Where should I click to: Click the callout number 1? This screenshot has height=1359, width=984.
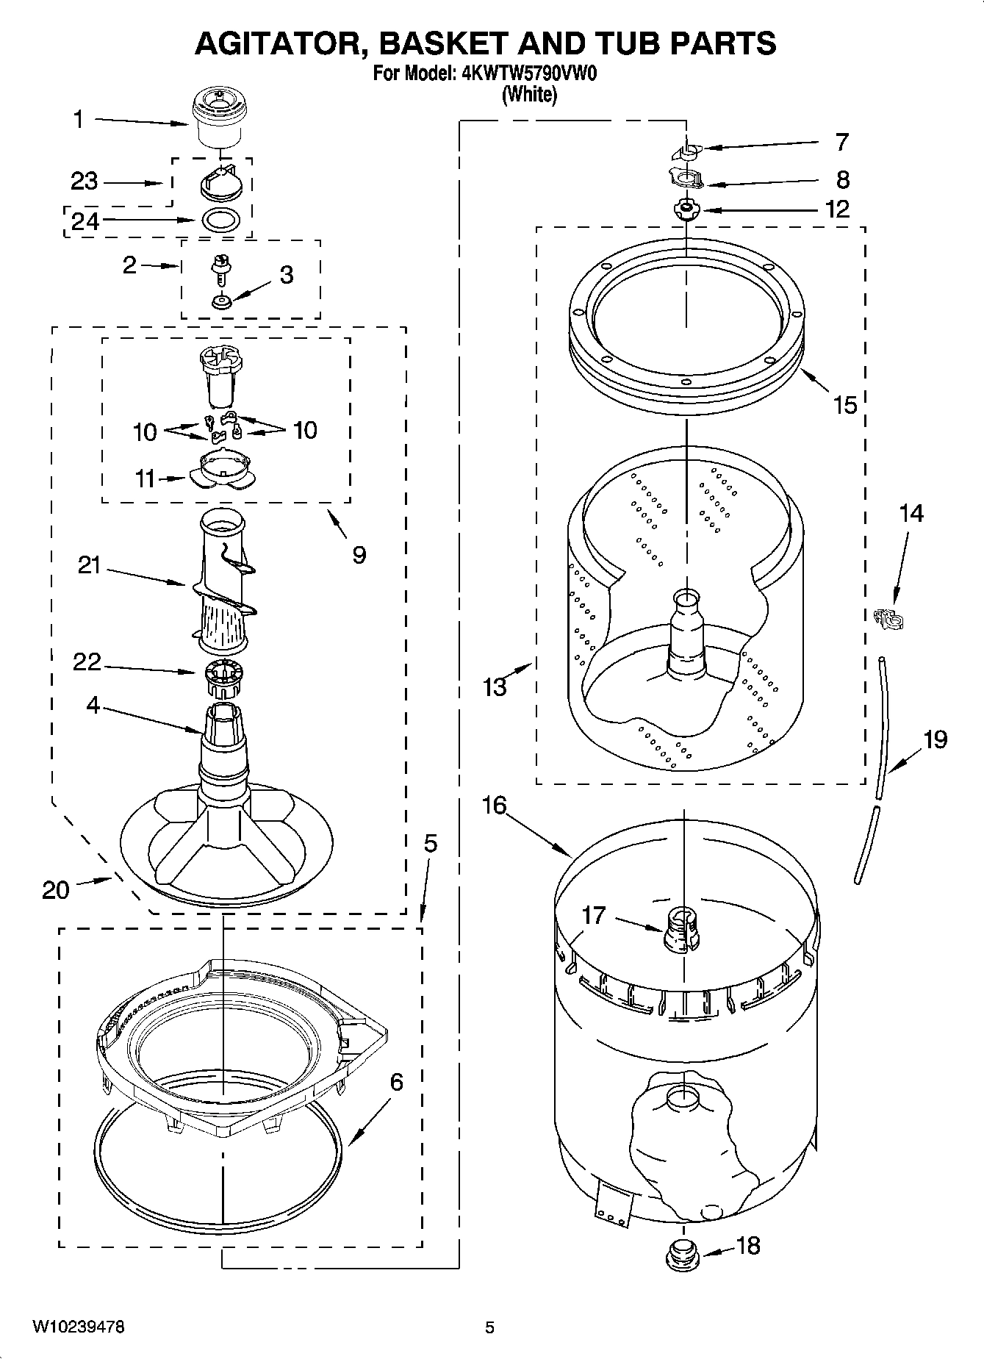[x=79, y=119]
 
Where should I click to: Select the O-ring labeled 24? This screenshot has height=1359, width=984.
[x=220, y=219]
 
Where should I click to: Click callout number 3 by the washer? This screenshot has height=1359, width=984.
[x=287, y=275]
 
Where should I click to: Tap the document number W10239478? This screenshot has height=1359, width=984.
[x=79, y=1327]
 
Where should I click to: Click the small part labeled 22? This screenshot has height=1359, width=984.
[x=222, y=679]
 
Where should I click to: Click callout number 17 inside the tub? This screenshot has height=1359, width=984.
[x=594, y=915]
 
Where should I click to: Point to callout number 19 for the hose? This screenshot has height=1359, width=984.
[x=935, y=739]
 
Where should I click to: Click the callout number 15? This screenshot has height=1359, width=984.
[x=846, y=405]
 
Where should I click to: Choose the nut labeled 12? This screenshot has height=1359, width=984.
[x=686, y=210]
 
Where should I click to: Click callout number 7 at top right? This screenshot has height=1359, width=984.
[x=842, y=142]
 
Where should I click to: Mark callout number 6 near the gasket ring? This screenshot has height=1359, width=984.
[x=396, y=1082]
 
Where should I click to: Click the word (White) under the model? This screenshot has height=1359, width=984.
[x=528, y=94]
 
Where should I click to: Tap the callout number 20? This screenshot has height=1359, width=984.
[x=56, y=890]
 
